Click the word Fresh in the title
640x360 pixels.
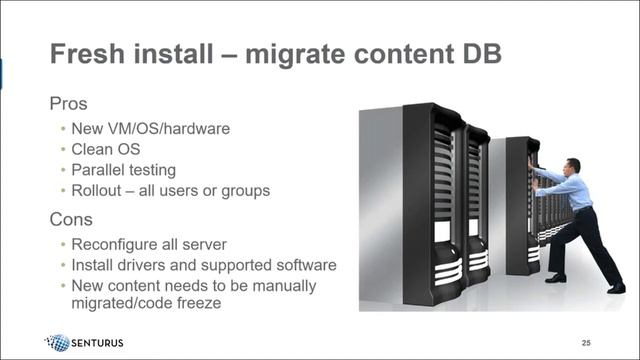click(x=88, y=52)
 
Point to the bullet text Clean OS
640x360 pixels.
click(x=107, y=149)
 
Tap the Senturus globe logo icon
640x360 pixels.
click(x=59, y=342)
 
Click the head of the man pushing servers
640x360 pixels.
click(x=572, y=165)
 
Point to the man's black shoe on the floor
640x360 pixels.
click(x=555, y=278)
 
